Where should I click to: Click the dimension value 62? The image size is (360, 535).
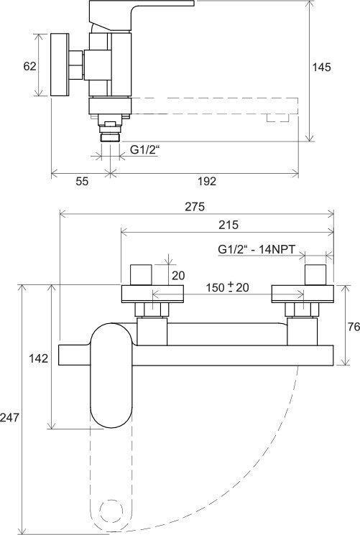click(x=29, y=66)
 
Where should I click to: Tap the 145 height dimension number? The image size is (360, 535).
click(x=322, y=68)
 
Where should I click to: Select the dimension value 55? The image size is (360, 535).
click(x=82, y=181)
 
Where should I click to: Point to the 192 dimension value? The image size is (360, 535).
click(x=207, y=181)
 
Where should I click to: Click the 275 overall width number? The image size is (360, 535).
click(x=195, y=206)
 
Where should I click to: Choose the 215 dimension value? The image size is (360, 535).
click(x=229, y=225)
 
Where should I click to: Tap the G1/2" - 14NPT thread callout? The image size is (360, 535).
click(x=256, y=249)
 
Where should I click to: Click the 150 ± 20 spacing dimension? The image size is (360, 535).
click(x=227, y=287)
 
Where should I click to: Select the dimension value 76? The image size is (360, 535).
click(x=354, y=327)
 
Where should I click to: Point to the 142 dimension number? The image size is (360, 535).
click(x=39, y=358)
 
